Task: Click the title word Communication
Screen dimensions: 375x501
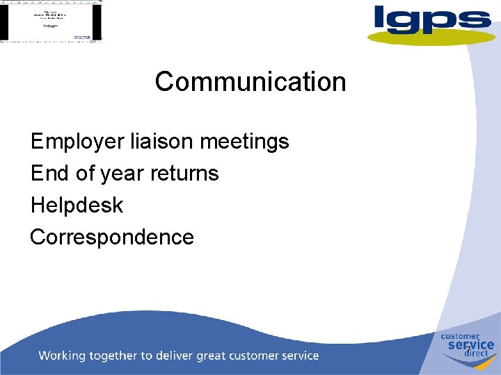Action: pos(250,82)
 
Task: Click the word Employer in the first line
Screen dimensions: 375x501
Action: pos(77,142)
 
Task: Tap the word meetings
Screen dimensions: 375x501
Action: pos(244,142)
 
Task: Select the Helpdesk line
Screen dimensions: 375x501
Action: pos(77,206)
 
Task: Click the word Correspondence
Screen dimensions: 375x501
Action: pos(112,237)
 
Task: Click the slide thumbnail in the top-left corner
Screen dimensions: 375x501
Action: pos(51,21)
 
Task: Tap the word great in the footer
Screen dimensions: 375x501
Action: pos(215,356)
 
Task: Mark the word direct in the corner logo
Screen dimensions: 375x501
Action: pos(477,353)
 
